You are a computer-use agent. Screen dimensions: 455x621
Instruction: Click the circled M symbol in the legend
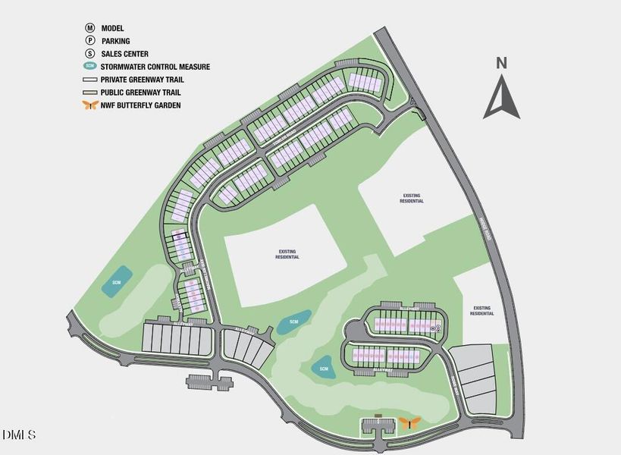[90, 28]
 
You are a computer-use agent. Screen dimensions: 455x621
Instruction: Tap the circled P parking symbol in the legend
[90, 41]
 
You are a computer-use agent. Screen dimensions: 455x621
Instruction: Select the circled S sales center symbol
[90, 54]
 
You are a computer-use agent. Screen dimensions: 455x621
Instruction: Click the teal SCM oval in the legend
[90, 67]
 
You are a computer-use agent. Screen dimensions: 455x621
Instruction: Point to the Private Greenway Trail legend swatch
[90, 80]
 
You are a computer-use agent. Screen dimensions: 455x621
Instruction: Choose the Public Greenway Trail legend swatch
[90, 93]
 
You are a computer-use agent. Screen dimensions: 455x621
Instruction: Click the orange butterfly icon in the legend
[90, 105]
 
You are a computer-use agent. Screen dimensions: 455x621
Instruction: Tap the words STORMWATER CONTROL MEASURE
[155, 67]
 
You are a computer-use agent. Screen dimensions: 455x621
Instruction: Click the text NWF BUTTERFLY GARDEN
[141, 105]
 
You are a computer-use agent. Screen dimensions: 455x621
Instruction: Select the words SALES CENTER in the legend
[125, 54]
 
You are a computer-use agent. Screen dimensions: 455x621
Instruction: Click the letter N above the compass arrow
[501, 64]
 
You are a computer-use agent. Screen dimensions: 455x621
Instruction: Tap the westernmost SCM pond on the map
[117, 282]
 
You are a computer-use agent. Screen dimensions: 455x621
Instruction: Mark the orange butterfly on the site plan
[410, 422]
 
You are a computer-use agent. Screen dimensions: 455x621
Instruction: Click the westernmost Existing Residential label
[287, 254]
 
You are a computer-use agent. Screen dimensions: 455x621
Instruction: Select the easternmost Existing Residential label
[482, 311]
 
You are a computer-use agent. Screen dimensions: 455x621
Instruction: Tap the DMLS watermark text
[19, 435]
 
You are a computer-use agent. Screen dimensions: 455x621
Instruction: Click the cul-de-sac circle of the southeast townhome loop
[356, 331]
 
